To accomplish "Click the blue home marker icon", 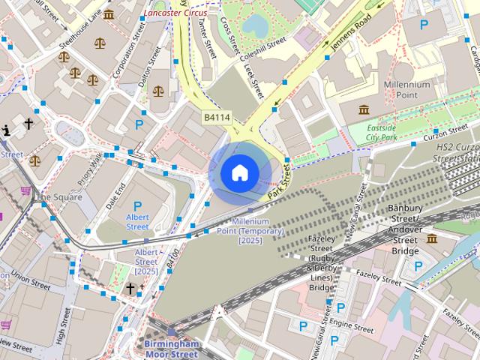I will [239, 172].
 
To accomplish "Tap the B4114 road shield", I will [217, 118].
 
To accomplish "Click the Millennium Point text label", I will [406, 91].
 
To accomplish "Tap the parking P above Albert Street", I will [137, 205].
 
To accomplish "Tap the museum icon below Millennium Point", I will [364, 111].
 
